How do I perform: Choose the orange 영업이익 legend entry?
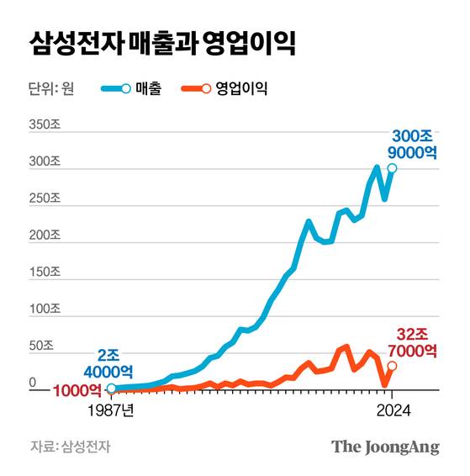click(x=225, y=88)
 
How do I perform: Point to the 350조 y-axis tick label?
click(x=44, y=124)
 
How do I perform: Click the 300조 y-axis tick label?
click(x=44, y=161)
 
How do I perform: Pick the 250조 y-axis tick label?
click(x=44, y=198)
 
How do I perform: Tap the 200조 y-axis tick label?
click(x=44, y=235)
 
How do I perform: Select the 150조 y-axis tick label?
click(x=44, y=272)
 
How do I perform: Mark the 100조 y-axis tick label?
click(x=44, y=309)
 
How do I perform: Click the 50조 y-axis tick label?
click(x=41, y=346)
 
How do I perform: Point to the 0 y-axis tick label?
click(x=34, y=383)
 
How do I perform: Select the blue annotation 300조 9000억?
click(x=413, y=143)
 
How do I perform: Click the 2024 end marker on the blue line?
click(x=393, y=169)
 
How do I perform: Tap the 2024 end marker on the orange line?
click(x=393, y=366)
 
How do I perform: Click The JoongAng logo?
click(x=385, y=447)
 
